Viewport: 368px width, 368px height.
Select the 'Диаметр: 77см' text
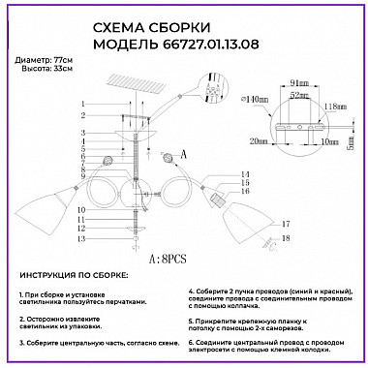click(x=45, y=61)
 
